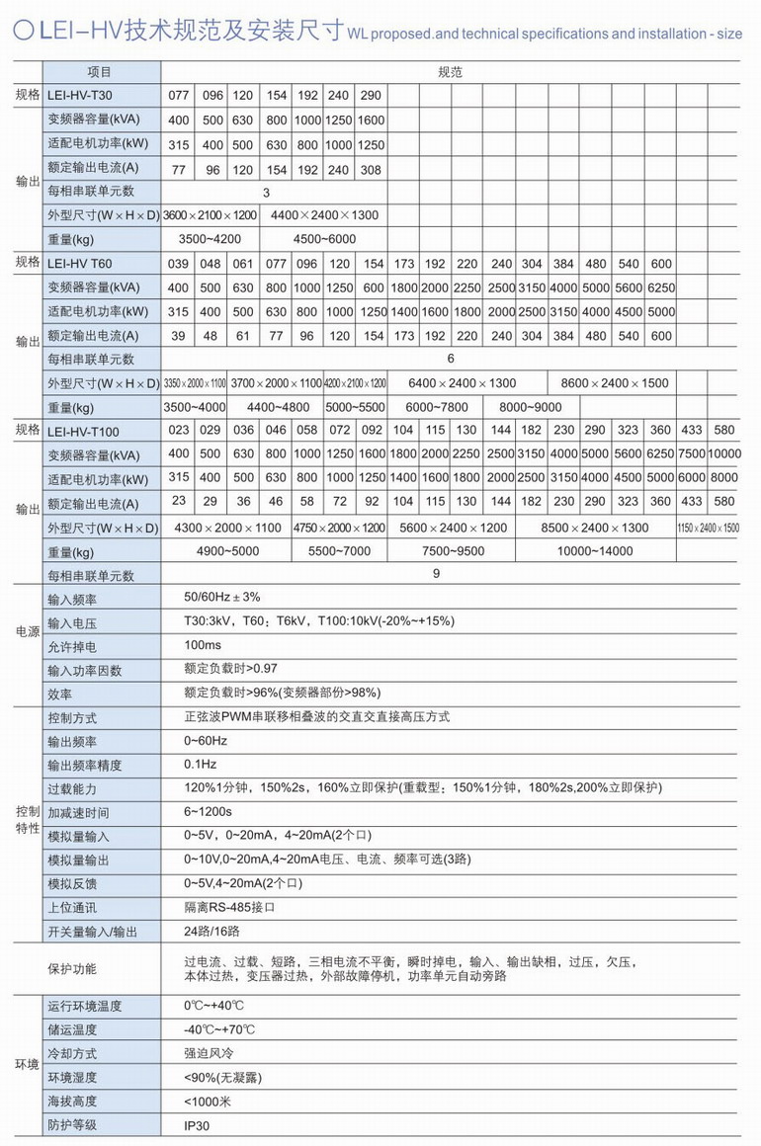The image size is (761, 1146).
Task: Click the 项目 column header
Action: point(100,72)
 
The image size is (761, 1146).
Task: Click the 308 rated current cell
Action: point(371,169)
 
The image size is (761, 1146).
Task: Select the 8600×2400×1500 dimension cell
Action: point(614,383)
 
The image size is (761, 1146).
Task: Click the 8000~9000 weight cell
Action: point(531,407)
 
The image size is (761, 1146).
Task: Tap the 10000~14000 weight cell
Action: point(594,551)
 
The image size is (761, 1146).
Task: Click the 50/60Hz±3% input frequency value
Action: point(222,598)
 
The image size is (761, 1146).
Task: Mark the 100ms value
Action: point(203,645)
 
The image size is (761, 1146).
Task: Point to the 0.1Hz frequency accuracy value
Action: point(201,764)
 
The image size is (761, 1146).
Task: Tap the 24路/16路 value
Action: point(211,930)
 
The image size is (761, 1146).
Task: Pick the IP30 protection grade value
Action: point(198,1125)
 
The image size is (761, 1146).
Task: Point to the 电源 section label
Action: point(27,633)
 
